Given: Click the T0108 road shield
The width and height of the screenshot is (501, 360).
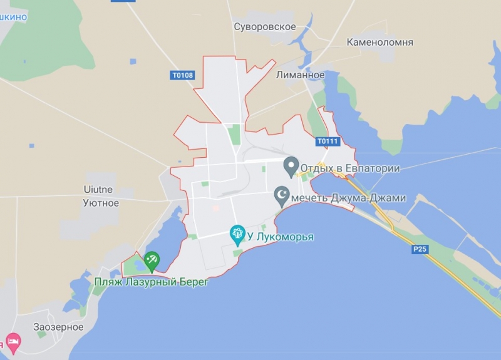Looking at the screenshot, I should click(x=182, y=75).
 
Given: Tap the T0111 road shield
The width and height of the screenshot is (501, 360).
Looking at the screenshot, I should click(x=327, y=141).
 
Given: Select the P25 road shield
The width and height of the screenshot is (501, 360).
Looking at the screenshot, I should click(x=420, y=249).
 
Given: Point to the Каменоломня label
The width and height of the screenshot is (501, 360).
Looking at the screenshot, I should click(x=380, y=43).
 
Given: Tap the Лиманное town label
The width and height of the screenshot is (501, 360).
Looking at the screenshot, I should click(x=300, y=75).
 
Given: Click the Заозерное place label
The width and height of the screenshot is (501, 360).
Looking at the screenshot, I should click(x=58, y=327).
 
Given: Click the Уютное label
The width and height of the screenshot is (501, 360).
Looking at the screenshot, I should click(x=101, y=203).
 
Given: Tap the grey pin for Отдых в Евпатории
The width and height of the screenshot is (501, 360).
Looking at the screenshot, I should click(x=290, y=166).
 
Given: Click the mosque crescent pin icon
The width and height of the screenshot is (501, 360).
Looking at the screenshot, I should click(x=282, y=196).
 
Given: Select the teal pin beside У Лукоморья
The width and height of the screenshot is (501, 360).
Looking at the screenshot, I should click(x=237, y=235).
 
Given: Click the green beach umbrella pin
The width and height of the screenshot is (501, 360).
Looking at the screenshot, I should click(x=151, y=260).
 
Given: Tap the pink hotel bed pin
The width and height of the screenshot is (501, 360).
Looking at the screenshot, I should click(x=13, y=342).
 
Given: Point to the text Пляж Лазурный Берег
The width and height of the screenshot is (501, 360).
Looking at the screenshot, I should click(x=150, y=282).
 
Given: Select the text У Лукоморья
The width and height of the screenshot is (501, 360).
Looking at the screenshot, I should click(x=280, y=237).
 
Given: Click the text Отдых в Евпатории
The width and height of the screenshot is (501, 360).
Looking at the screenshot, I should click(x=349, y=168).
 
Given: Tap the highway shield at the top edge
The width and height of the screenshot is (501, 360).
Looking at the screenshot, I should click(x=123, y=1).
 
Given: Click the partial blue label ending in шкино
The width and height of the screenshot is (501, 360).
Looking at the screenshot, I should click(x=13, y=17).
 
